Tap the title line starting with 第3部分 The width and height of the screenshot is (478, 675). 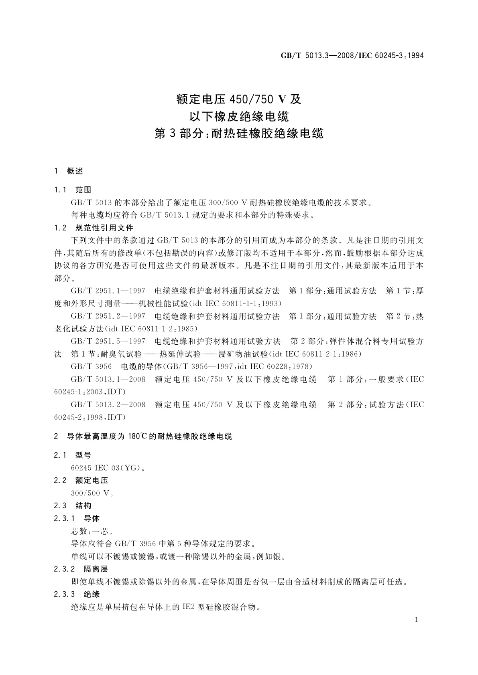tap(239, 133)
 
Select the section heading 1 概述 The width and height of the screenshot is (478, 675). tap(69, 171)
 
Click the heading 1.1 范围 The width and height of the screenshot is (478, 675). tap(73, 190)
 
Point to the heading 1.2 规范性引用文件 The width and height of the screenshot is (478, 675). tap(94, 228)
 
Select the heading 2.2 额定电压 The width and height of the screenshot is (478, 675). tap(81, 480)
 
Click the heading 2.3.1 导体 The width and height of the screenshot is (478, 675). tap(77, 518)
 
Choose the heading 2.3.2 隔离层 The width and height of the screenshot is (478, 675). tap(81, 569)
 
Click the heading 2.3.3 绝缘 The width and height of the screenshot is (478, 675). tap(77, 594)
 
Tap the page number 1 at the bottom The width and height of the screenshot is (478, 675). tap(417, 620)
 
